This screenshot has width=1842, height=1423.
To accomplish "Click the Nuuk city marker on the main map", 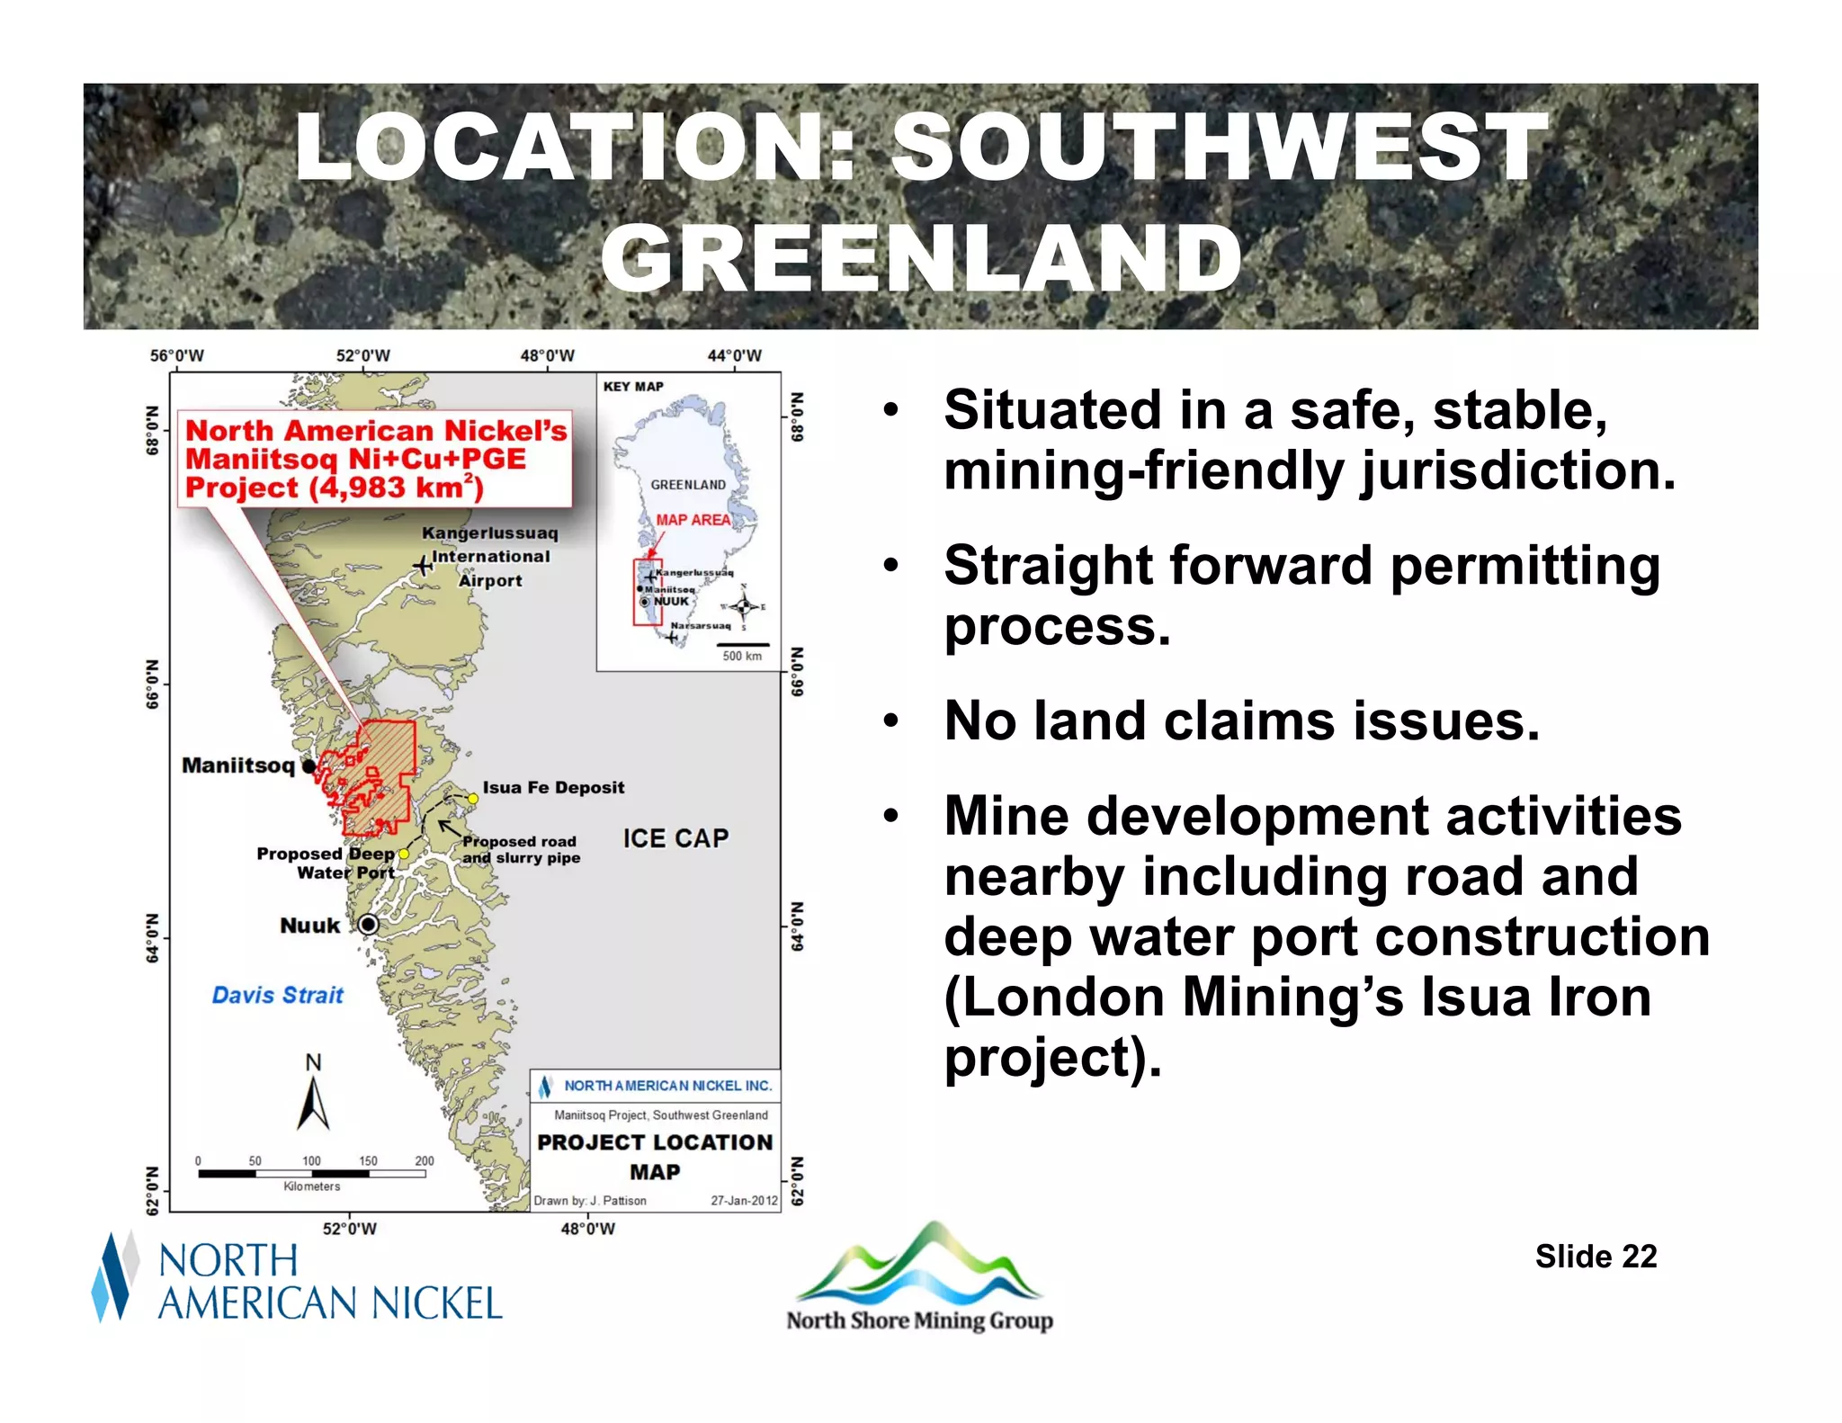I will coord(368,925).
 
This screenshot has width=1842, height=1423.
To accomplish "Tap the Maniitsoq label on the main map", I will coord(238,765).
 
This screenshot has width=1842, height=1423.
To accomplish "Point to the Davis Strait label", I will coord(277,995).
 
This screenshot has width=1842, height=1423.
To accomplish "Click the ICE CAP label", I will coord(675,838).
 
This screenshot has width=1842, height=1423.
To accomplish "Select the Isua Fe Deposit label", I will coord(553,788).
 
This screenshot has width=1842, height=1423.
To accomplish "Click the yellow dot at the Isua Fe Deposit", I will coord(473,799).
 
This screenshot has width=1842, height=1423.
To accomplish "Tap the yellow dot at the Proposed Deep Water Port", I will coord(404,854).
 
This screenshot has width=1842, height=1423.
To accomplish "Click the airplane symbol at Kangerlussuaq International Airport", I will coord(422,566).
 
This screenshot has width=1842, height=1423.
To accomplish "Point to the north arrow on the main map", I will coord(313,1103).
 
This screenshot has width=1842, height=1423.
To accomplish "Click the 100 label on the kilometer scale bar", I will coord(311,1161).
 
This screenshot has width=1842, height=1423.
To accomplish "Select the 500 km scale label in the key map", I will coord(742,657).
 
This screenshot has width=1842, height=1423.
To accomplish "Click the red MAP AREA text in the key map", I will coord(693,520).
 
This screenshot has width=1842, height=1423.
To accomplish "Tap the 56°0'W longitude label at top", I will coord(176,356).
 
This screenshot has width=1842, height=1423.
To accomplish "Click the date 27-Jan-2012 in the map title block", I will coord(744,1201).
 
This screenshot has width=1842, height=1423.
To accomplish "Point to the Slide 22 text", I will coord(1596,1257).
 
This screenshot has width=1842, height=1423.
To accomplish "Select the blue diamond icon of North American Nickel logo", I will coord(113,1277).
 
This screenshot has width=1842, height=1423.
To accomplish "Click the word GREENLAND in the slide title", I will coord(921,259).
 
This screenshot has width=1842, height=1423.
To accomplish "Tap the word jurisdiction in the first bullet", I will coord(1518,470).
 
